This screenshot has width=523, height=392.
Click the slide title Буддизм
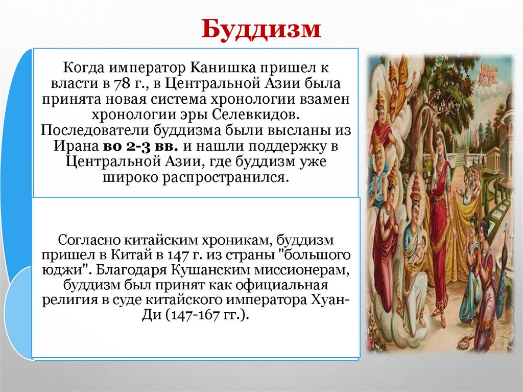click(x=260, y=30)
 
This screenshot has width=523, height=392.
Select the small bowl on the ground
click(x=465, y=338)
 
